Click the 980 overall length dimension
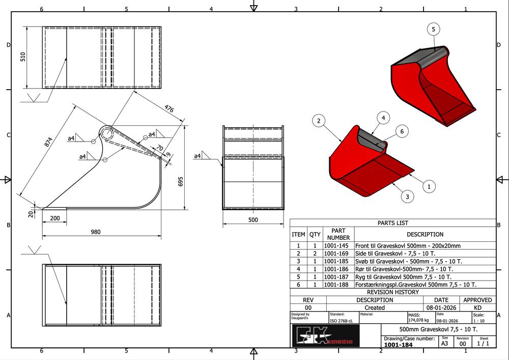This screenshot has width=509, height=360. click(x=96, y=232)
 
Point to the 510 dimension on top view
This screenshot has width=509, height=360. click(x=22, y=57)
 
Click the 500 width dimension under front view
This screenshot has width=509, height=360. click(x=253, y=220)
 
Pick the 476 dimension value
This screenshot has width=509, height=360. click(x=170, y=108)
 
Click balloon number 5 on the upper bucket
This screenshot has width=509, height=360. click(x=433, y=30)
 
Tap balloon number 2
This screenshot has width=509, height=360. click(x=318, y=121)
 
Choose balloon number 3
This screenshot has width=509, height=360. click(x=406, y=196)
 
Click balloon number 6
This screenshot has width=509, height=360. click(x=401, y=131)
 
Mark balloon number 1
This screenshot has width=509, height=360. click(x=429, y=187)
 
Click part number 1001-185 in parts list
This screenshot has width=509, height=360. click(x=338, y=261)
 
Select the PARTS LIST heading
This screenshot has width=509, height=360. click(x=392, y=223)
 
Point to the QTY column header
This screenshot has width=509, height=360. click(x=315, y=235)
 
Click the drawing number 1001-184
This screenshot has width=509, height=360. click(x=399, y=345)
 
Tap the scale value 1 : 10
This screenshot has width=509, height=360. click(x=478, y=321)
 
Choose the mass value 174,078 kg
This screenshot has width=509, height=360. click(x=420, y=321)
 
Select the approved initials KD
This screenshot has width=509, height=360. click(x=477, y=308)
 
